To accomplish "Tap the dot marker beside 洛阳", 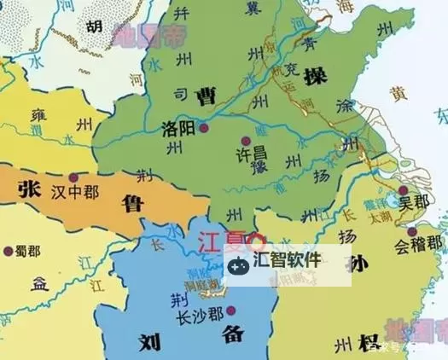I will pyautogui.click(x=205, y=129).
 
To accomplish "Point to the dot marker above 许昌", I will pyautogui.click(x=247, y=140).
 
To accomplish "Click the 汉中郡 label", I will pyautogui.click(x=74, y=192).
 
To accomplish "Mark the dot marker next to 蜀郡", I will pyautogui.click(x=9, y=252).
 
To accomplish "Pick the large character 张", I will pyautogui.click(x=30, y=189).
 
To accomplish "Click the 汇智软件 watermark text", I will pyautogui.click(x=288, y=259).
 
